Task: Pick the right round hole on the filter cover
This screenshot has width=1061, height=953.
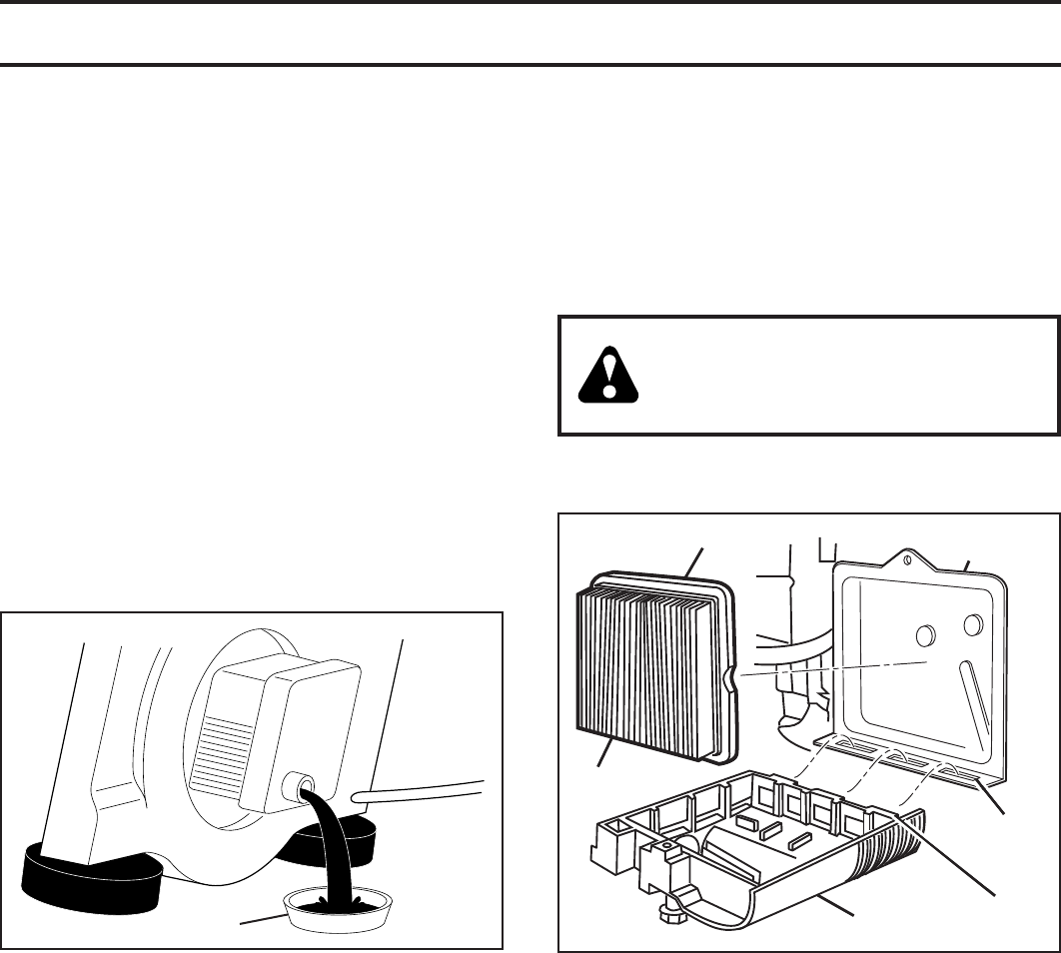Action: tap(972, 625)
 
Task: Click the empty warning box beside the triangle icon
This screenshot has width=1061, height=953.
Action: tap(849, 375)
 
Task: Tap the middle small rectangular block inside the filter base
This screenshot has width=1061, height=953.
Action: tap(770, 829)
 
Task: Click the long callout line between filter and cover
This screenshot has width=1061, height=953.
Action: tap(829, 668)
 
